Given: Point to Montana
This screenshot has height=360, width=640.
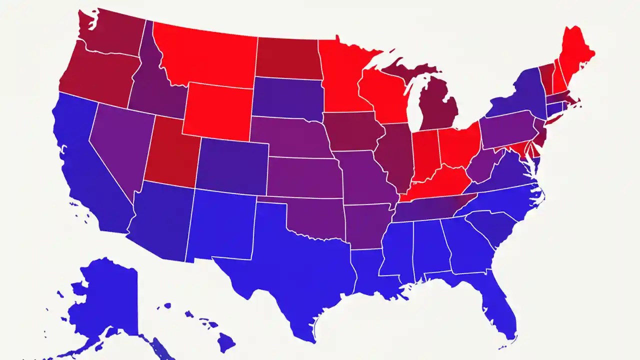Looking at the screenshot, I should click(205, 55).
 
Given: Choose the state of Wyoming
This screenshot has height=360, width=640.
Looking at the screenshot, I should click(217, 110).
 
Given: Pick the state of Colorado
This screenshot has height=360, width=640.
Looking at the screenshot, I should click(232, 165).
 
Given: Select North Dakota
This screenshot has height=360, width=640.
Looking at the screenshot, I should click(287, 57).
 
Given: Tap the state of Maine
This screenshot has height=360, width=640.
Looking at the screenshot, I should click(575, 55).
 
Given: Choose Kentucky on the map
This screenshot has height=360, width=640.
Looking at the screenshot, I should click(435, 187).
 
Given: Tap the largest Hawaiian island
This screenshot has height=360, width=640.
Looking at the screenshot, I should click(226, 343).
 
